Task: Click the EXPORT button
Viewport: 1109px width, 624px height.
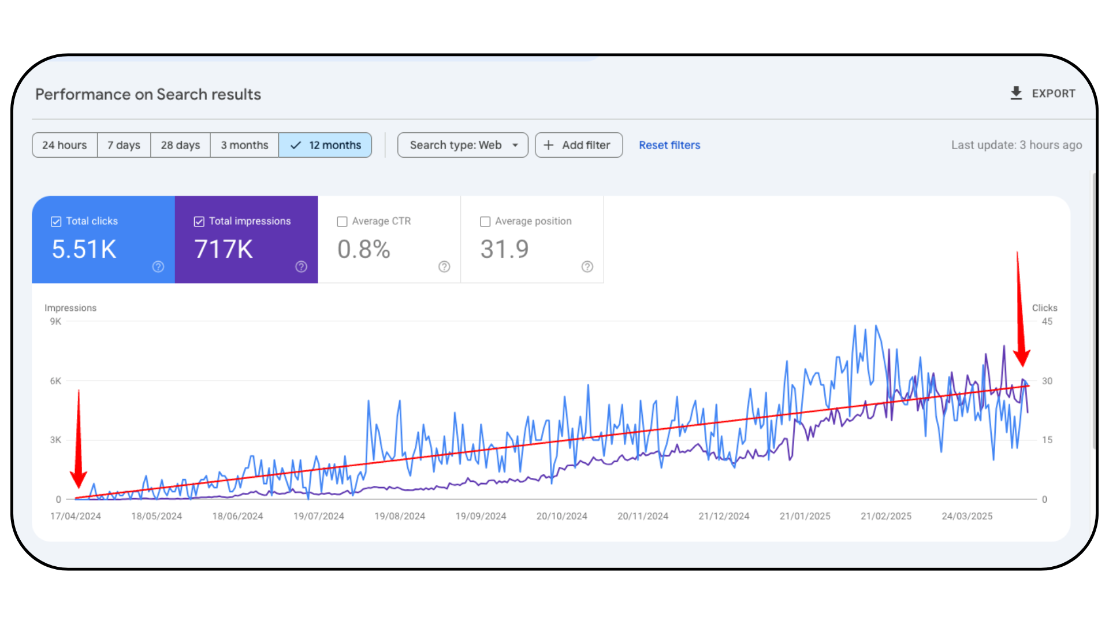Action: [x=1043, y=94]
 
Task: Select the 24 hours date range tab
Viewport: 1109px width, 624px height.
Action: [x=65, y=145]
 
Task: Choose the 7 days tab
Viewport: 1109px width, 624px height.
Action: [x=124, y=145]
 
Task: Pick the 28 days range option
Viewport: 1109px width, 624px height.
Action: [x=180, y=145]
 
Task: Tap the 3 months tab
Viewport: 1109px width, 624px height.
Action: [x=244, y=145]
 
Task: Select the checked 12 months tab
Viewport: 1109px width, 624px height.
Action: [x=325, y=145]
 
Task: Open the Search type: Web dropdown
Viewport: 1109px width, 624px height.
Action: [x=463, y=145]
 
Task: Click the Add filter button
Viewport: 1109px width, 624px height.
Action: [x=578, y=145]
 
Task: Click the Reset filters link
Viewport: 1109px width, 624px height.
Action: [x=669, y=145]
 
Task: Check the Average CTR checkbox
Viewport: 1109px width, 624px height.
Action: [x=343, y=222]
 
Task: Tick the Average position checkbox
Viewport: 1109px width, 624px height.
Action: [x=485, y=222]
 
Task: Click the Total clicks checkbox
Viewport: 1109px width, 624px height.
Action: [x=56, y=222]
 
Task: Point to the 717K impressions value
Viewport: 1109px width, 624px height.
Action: [x=224, y=250]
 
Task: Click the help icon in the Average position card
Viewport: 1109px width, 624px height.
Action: [x=587, y=266]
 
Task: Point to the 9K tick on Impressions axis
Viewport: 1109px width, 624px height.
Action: [x=55, y=322]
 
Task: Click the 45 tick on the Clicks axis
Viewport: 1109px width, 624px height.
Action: [x=1047, y=322]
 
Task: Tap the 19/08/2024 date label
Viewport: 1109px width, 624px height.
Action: [x=400, y=516]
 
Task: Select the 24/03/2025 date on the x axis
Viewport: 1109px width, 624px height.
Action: [x=967, y=516]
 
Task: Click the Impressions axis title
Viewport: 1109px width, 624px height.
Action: [x=70, y=308]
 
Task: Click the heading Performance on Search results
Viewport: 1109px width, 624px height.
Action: [x=148, y=94]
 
